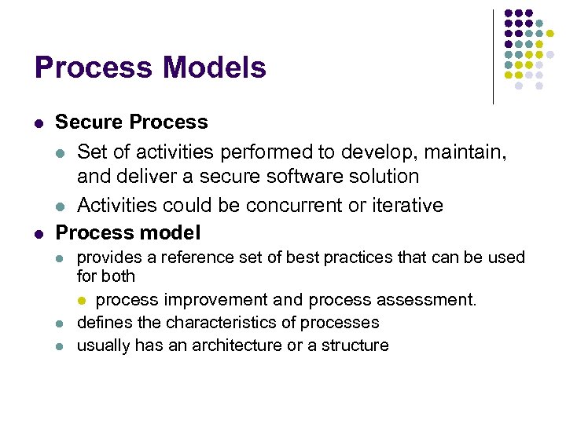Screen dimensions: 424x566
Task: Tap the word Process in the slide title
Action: point(83,68)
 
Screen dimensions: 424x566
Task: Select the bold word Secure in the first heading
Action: point(89,122)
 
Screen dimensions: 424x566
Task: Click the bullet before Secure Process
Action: point(39,123)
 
